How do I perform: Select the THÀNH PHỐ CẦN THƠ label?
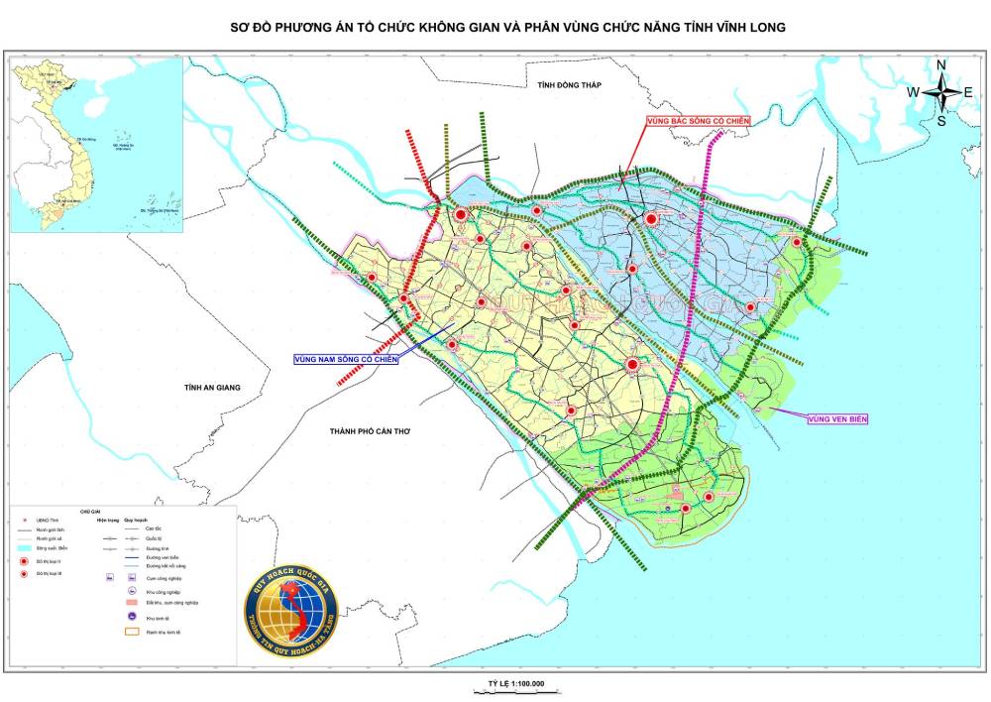pos(370,431)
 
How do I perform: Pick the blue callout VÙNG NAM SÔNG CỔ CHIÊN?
pos(345,359)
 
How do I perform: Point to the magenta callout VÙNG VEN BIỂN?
pos(837,419)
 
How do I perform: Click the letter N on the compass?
pos(941,65)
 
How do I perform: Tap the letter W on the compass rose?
pos(913,92)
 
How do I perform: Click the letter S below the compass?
pos(941,121)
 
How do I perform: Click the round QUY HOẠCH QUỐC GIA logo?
pos(291,605)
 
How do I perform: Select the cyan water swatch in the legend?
pos(25,546)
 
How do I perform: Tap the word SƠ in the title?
pos(240,28)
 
